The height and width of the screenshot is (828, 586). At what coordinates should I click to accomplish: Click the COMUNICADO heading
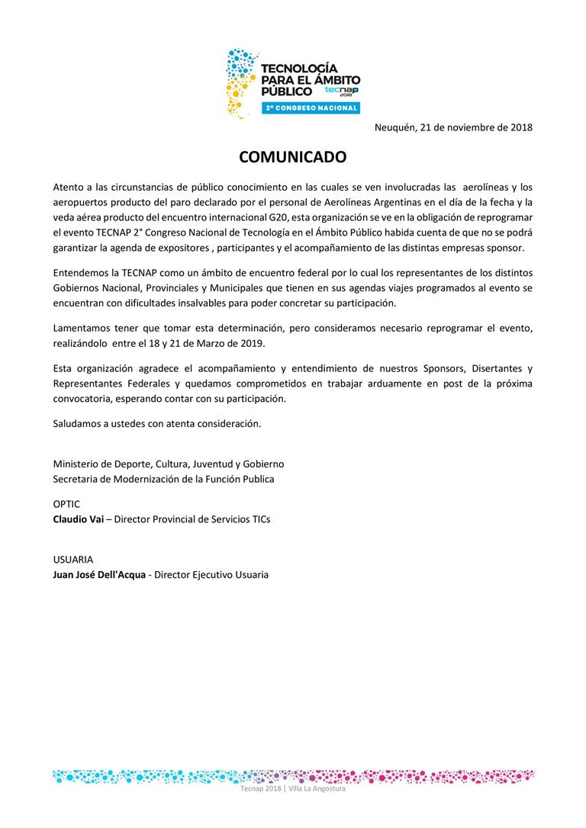tap(292, 157)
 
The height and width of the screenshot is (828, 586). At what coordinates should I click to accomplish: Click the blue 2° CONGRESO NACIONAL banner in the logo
tap(311, 108)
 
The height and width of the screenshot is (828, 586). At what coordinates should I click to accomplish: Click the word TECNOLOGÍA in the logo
tap(299, 69)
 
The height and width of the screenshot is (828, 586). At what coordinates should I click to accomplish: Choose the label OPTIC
tap(66, 504)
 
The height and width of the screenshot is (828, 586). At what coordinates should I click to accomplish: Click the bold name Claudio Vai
tap(78, 519)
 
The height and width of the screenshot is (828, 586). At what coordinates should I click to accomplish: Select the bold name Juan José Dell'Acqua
tap(99, 575)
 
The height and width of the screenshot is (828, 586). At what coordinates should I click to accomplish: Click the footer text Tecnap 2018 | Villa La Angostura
tap(293, 788)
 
